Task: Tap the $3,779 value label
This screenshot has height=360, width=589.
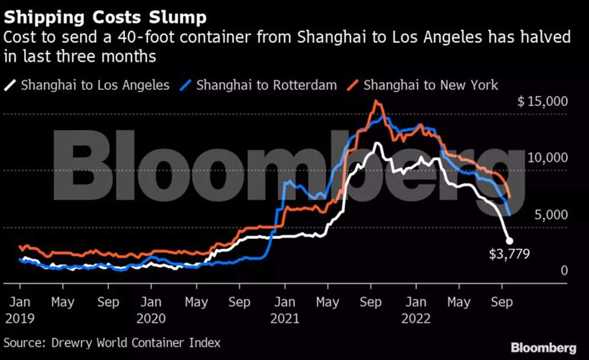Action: pos(509,254)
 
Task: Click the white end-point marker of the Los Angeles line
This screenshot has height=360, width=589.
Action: pos(509,241)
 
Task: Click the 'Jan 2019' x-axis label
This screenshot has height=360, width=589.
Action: pos(20,310)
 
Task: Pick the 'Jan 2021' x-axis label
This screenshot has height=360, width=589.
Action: pos(285,310)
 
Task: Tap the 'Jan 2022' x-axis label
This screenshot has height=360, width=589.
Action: pos(416,310)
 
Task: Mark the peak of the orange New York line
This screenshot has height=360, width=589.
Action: pos(376,101)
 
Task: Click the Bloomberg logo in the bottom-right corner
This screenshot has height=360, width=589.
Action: pos(543,348)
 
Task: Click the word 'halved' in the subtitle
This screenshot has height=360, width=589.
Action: pos(546,37)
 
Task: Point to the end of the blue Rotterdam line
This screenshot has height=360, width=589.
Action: pos(509,215)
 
